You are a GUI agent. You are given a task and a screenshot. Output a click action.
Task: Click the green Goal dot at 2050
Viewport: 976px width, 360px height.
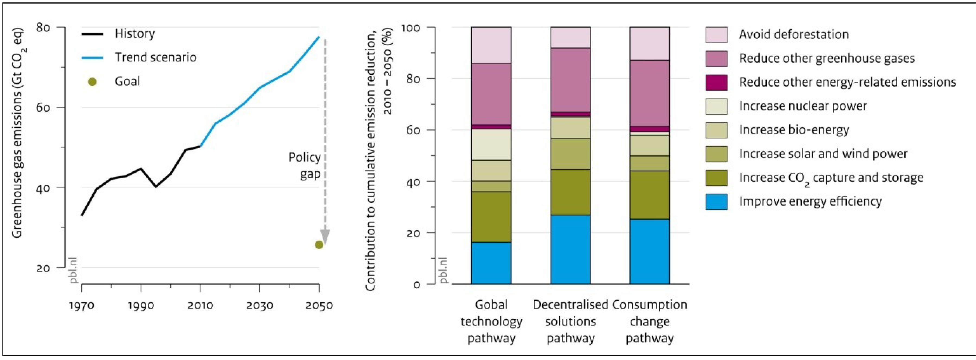point(319,245)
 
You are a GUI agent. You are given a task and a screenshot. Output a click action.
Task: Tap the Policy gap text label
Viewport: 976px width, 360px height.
point(305,166)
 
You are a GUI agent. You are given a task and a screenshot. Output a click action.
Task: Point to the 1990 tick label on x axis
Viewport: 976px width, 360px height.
point(141,305)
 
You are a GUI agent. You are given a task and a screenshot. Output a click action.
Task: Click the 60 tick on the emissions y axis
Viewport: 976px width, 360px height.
point(43,108)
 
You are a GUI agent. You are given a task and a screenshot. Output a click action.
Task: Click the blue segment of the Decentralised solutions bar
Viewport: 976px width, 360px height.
point(570,249)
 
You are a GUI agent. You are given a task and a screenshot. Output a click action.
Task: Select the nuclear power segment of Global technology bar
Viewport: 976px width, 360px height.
point(491,144)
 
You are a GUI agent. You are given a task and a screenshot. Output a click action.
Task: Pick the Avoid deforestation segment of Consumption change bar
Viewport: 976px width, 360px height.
point(649,44)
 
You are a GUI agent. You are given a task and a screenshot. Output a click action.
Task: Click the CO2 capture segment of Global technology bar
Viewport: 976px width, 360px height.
point(491,217)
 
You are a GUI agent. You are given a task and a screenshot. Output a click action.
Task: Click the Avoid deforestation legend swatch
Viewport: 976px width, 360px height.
point(716,35)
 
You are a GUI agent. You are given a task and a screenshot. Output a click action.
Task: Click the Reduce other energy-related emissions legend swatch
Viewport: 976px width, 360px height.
point(716,83)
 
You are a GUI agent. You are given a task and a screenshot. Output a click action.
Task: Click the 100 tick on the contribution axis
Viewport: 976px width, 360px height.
point(416,28)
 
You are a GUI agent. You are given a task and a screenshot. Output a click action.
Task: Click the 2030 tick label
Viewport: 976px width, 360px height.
point(260,305)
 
